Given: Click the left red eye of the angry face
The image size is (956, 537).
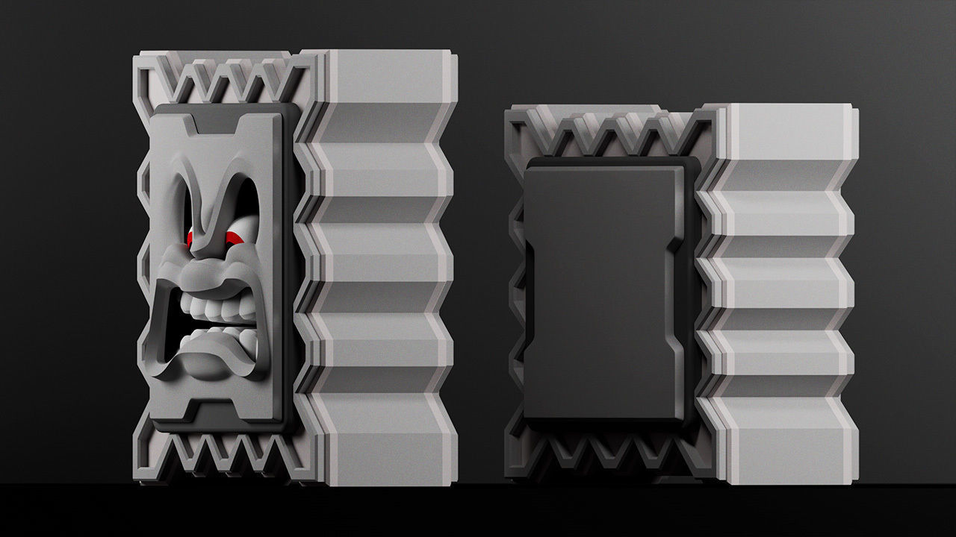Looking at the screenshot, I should pos(191,239).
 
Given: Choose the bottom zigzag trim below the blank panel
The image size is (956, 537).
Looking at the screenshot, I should pos(605,451).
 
